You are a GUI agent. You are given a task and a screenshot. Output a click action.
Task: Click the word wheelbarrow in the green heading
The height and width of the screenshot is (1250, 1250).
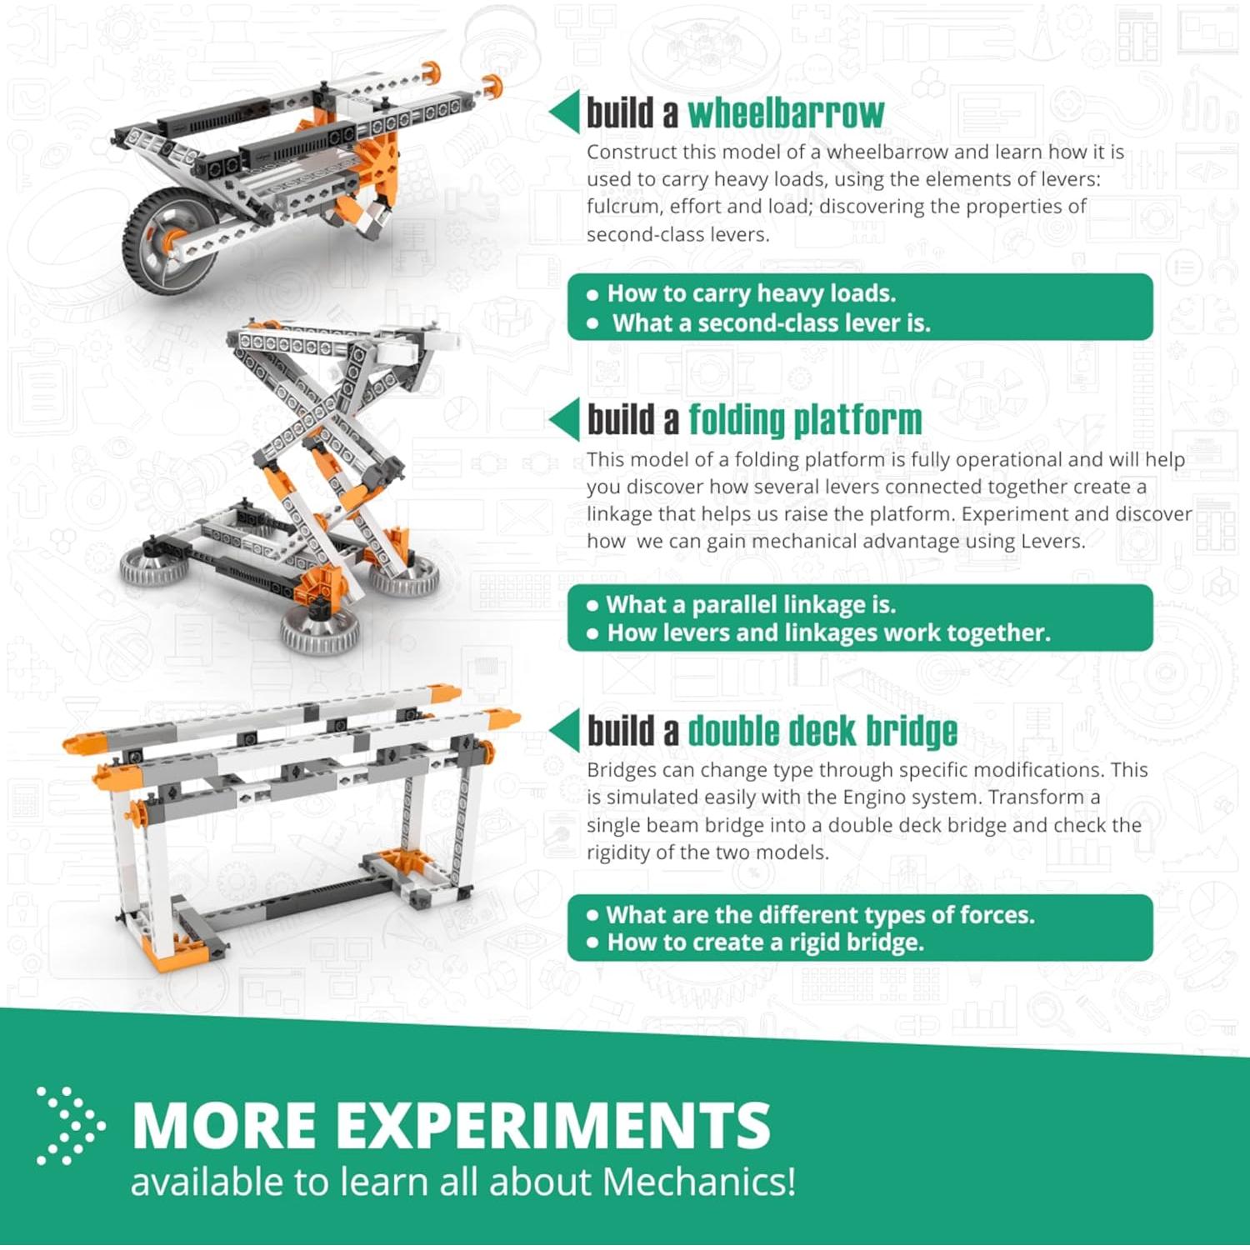coord(785,113)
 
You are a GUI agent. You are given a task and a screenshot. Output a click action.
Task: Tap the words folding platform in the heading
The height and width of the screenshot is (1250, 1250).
coord(805,420)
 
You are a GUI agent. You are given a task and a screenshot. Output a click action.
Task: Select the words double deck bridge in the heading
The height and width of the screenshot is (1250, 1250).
coord(822,731)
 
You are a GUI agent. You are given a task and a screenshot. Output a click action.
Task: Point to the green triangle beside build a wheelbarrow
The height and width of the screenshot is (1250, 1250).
coord(565,112)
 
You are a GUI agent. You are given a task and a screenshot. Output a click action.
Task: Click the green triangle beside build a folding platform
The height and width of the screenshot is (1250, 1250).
coord(565,419)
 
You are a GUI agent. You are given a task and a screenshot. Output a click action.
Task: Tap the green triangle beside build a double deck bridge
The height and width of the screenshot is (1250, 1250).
coord(565,731)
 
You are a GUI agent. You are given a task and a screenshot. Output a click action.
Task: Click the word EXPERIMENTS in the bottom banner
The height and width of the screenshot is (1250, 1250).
coord(553,1126)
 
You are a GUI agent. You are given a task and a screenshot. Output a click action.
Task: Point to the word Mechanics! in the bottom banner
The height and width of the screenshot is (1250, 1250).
coord(698,1182)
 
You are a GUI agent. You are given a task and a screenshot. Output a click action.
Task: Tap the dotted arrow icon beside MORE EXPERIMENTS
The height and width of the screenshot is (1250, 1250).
coord(70,1126)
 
